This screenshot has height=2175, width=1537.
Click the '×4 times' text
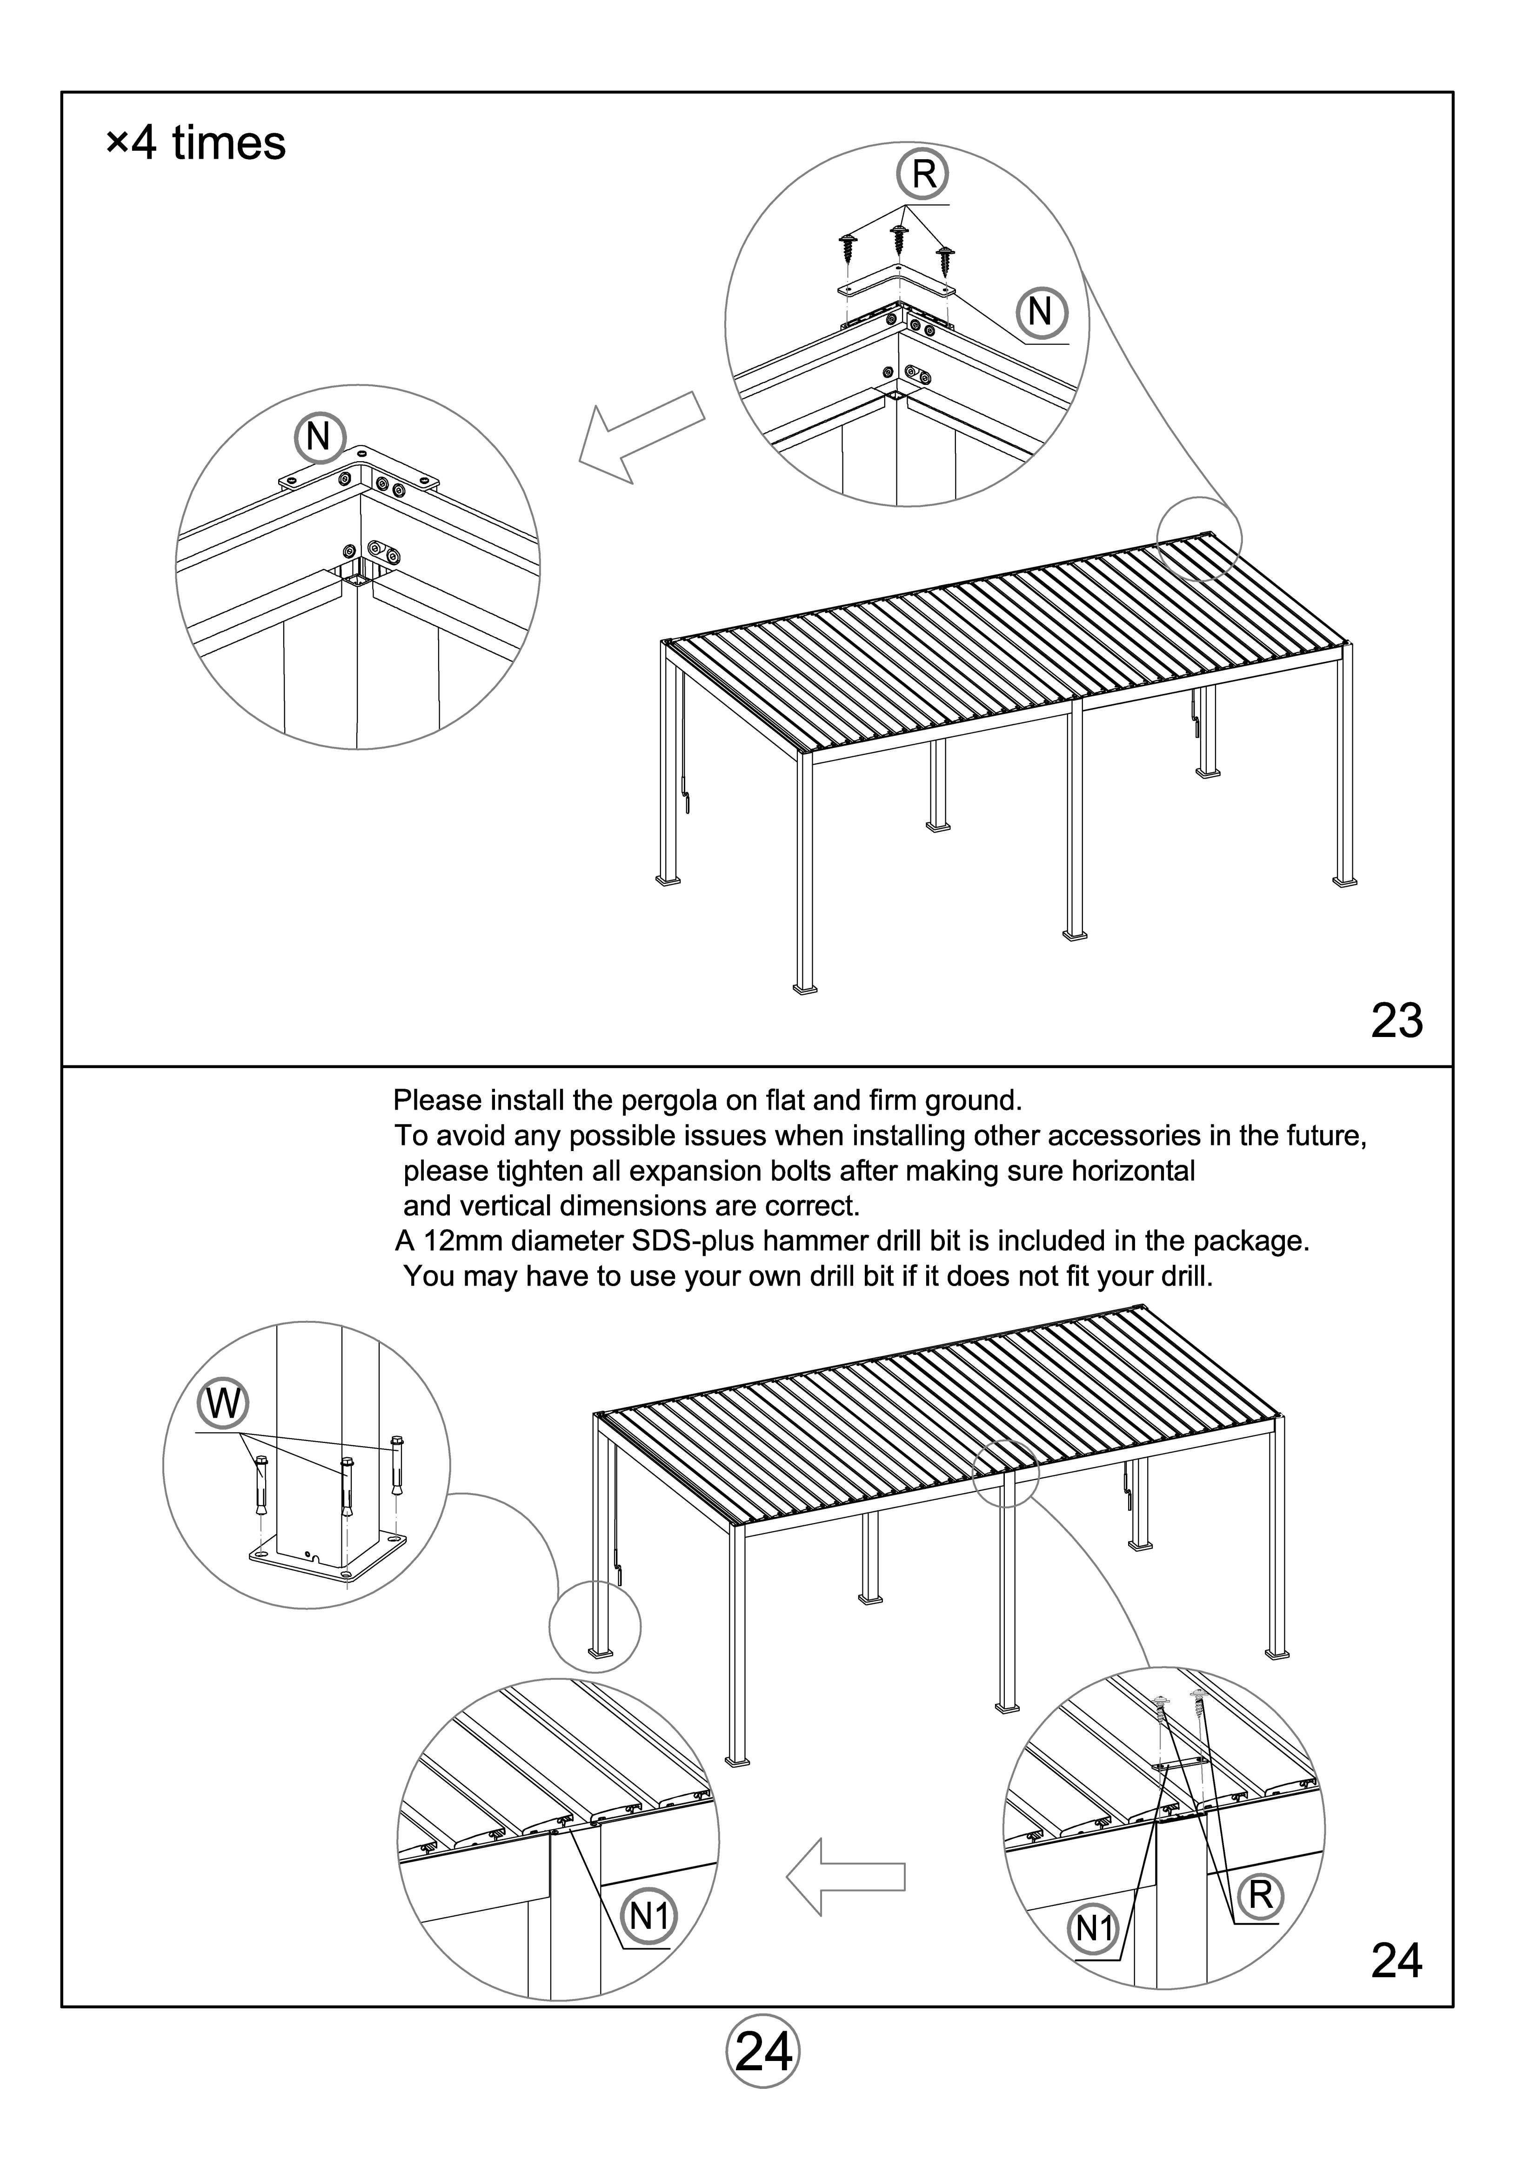pyautogui.click(x=196, y=144)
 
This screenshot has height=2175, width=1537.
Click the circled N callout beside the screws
pyautogui.click(x=1041, y=312)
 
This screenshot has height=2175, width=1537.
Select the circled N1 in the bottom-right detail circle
pyautogui.click(x=1094, y=1929)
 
